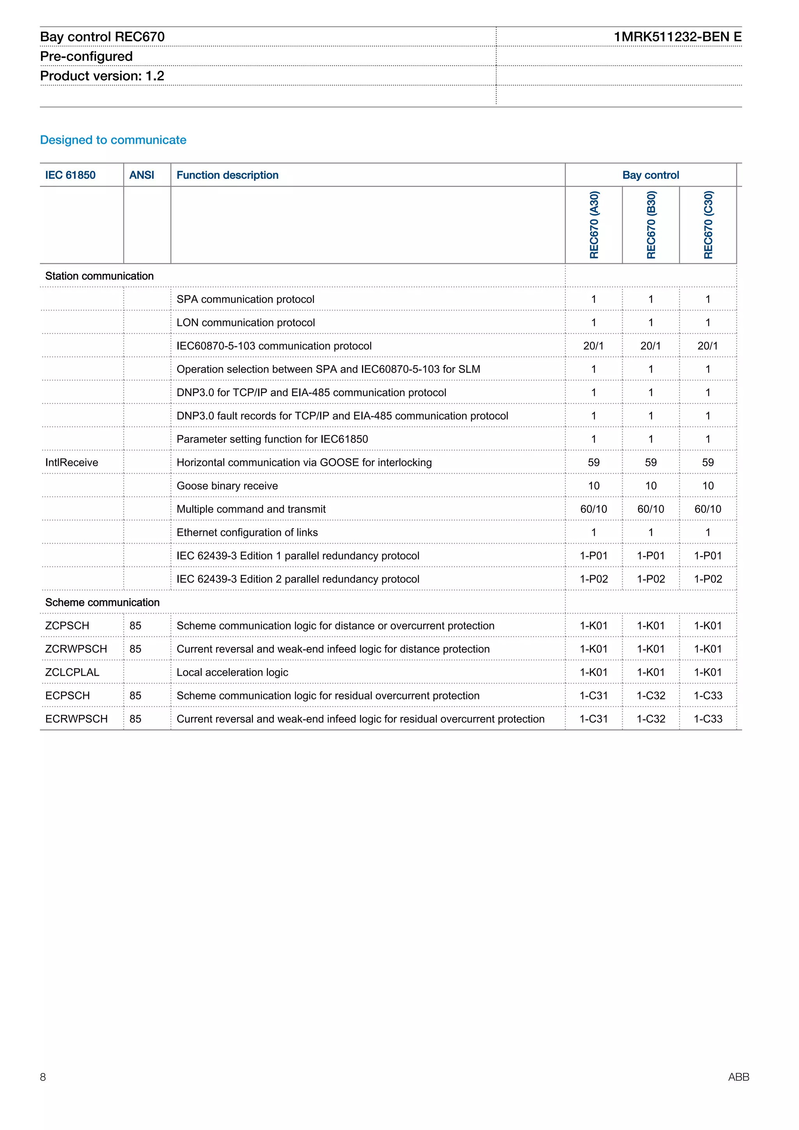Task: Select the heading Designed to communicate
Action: pos(113,140)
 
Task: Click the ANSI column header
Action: pos(142,175)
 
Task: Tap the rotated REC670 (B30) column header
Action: pos(651,225)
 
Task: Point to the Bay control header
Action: pos(650,175)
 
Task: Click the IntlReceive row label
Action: pos(72,463)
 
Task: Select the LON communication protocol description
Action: pos(245,323)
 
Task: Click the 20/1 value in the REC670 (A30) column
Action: pos(593,346)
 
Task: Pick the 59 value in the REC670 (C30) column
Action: pos(707,463)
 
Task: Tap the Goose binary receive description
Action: pos(227,486)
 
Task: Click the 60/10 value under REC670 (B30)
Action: pos(650,509)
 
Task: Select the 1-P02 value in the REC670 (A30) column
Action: pos(593,579)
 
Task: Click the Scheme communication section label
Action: pos(102,602)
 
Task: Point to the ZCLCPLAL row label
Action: pos(72,672)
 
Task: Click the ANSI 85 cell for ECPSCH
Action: pos(135,696)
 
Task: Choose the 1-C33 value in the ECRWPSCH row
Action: pos(707,719)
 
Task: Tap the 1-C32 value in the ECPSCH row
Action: pos(650,696)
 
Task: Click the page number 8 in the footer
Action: pos(43,1077)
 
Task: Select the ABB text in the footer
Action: pos(738,1077)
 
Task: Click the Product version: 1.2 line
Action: pos(102,76)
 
